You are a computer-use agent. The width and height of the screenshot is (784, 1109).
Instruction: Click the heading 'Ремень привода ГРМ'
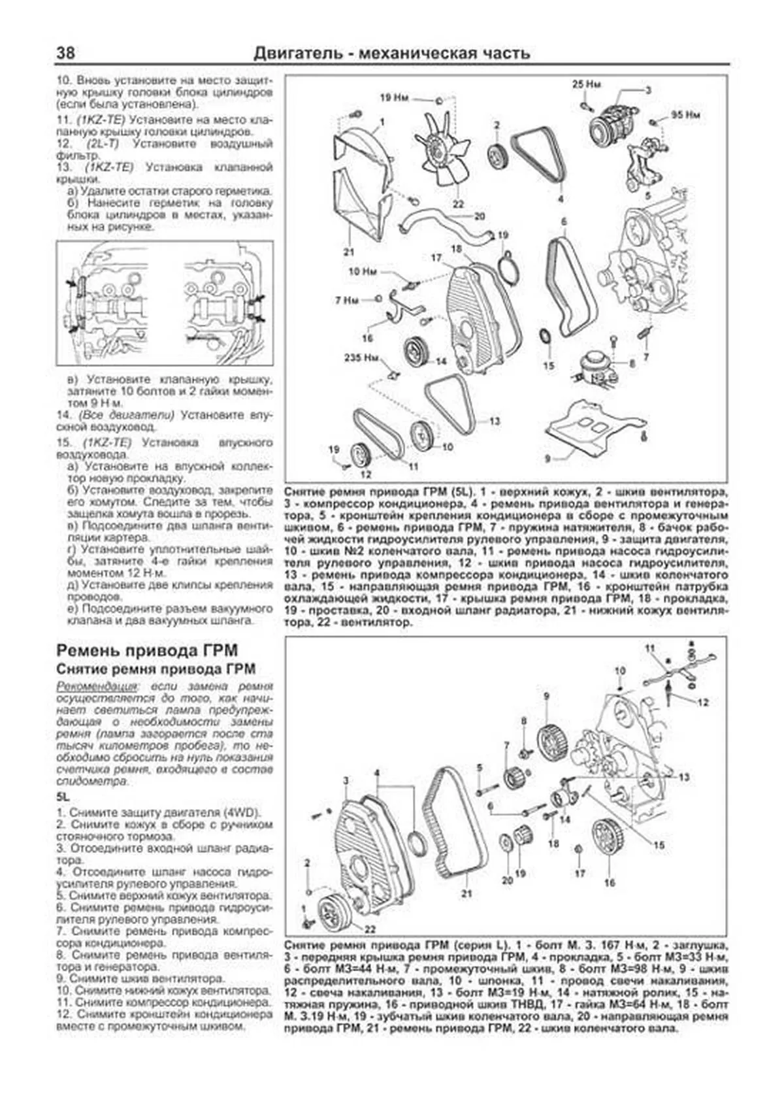coord(147,650)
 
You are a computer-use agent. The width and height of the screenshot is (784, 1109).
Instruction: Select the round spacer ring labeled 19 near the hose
coord(508,268)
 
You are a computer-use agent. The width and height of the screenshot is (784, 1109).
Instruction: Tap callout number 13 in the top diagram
coord(495,422)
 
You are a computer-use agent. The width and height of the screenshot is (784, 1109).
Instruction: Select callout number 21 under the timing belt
coord(466,893)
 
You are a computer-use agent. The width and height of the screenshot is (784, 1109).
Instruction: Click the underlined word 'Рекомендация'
coord(97,686)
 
